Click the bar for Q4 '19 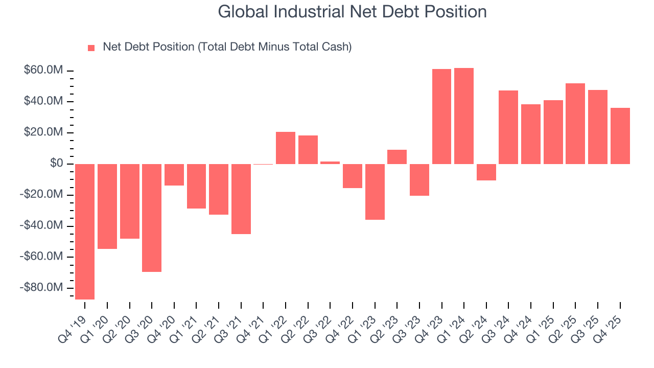coord(85,232)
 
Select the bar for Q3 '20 coord(152,218)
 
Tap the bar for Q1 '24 coord(464,116)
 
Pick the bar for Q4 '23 coord(441,117)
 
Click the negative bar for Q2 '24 coord(486,172)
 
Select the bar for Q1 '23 coord(375,192)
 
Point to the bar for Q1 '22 coord(286,148)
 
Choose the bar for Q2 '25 coord(575,124)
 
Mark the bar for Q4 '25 coord(620,136)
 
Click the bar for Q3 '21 coord(241,199)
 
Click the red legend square coord(91,48)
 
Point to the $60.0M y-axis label coord(43,70)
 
